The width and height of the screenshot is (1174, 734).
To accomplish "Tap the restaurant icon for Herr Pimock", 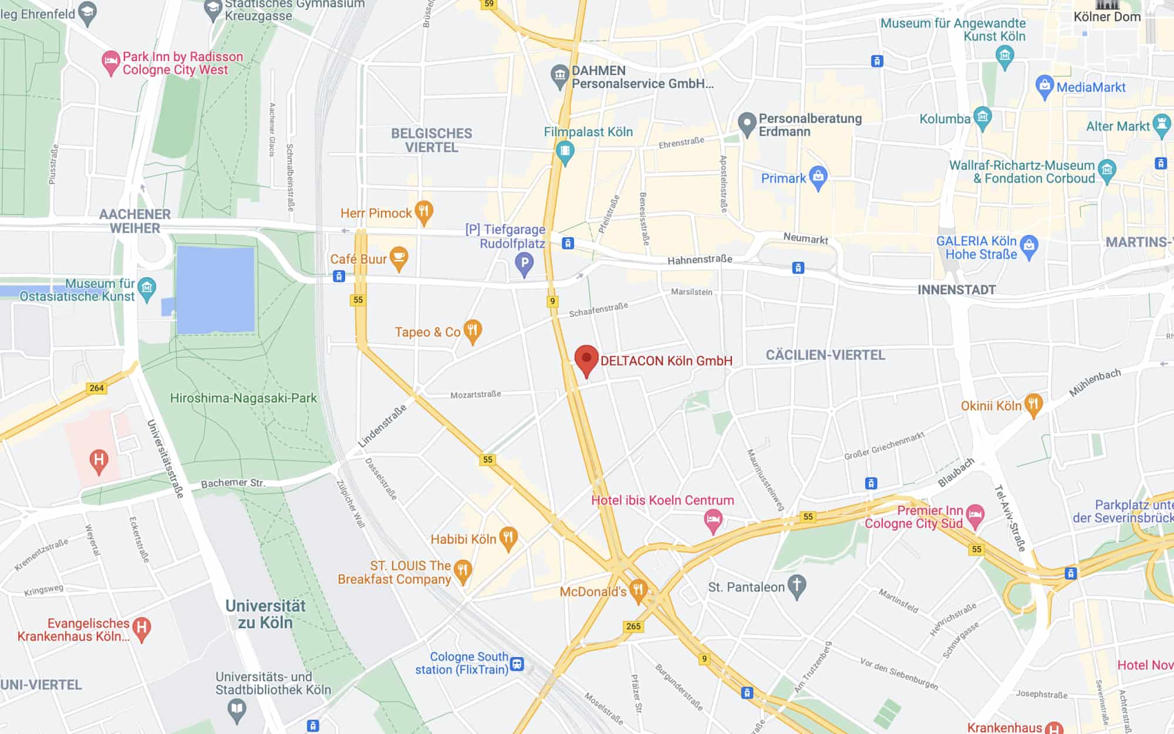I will point(424,212).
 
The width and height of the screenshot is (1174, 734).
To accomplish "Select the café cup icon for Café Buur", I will point(399,258).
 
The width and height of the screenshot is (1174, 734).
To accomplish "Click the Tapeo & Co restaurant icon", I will point(473,331).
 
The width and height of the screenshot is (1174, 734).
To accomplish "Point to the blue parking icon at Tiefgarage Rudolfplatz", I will point(524,264).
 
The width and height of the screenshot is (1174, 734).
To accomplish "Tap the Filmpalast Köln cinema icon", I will point(565,151).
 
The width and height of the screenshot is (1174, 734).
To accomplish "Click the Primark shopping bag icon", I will point(818,177).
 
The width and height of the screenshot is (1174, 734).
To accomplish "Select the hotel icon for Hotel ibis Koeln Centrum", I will point(713,520).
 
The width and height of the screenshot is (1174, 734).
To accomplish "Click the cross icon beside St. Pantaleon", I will point(797,586).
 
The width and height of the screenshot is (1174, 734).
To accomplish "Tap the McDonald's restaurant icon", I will point(638,590).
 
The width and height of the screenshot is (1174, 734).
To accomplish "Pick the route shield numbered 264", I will point(96,388).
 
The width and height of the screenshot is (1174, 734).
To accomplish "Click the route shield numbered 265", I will point(633,626).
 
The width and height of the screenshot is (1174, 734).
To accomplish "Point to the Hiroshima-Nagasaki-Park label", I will point(243,398).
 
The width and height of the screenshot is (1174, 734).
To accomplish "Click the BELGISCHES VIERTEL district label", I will point(431,140).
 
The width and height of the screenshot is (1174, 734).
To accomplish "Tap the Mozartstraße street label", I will point(475,395).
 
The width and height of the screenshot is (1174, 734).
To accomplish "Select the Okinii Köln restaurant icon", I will point(1033,405).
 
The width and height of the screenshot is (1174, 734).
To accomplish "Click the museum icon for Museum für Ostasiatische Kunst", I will point(147,288).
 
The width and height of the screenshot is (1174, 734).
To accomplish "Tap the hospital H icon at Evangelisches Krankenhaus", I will point(141,628).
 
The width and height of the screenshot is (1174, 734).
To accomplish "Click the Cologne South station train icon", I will point(517,664).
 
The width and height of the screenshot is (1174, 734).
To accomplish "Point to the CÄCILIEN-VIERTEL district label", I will point(825,355).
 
